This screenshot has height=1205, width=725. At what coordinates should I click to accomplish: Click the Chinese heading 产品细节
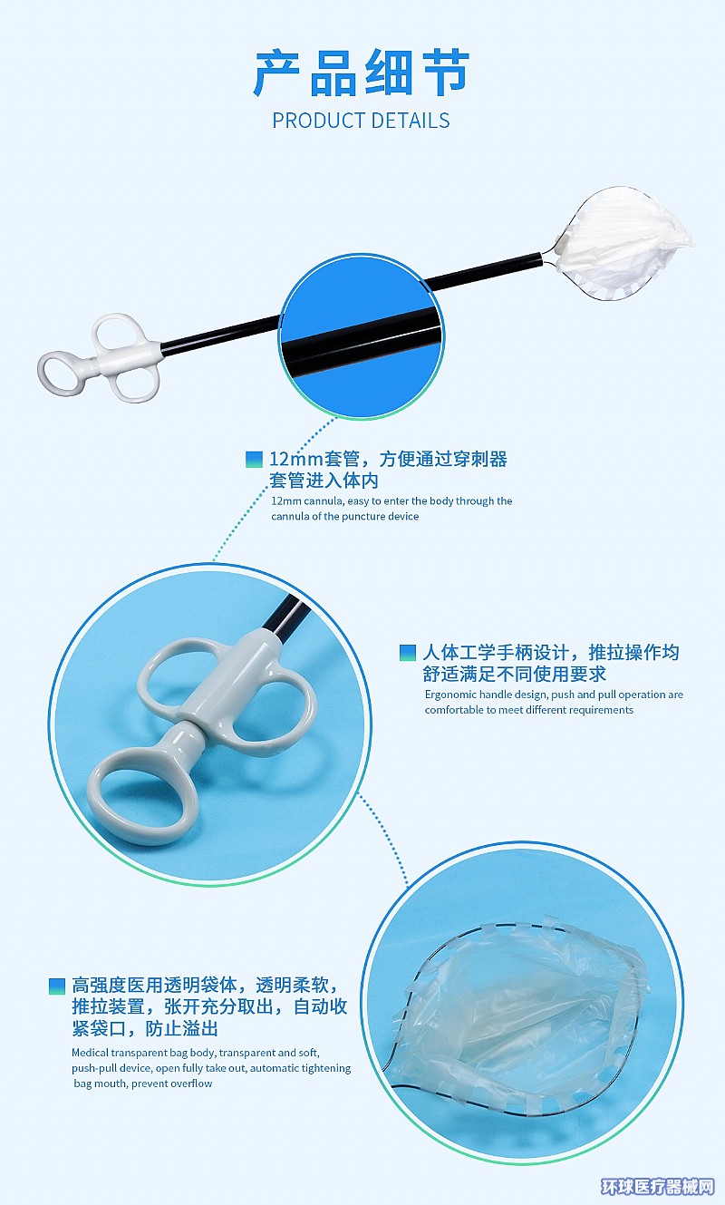coord(362,73)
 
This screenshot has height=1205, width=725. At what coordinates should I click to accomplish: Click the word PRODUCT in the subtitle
coord(318,121)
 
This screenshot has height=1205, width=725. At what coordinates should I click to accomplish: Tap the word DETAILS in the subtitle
coord(410,121)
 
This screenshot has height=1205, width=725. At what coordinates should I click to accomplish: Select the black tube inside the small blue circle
coord(362,340)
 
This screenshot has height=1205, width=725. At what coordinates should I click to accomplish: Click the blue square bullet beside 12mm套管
coord(254,459)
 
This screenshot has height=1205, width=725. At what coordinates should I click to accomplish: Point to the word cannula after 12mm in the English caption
coord(323,501)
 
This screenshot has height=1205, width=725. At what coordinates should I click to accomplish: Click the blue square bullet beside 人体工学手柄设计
coord(408,653)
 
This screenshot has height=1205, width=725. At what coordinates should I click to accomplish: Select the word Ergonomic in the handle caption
coord(450,695)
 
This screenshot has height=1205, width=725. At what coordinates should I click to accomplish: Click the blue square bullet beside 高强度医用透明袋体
coord(57,986)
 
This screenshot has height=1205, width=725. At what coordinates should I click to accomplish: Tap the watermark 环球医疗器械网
coord(658,1187)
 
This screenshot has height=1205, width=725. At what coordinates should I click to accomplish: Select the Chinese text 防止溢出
coord(182,1028)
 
